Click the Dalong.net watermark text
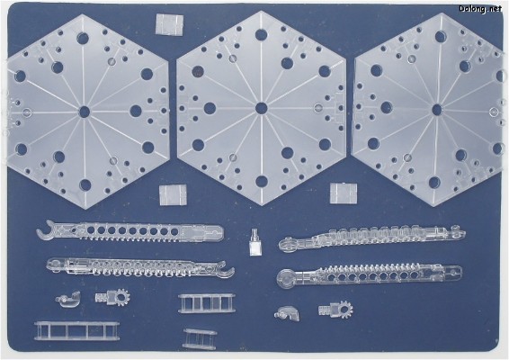click(480, 9)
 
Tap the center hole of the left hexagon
click(85, 112)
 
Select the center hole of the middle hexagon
click(262, 108)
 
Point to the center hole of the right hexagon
click(437, 110)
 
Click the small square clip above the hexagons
click(169, 24)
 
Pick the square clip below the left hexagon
click(173, 195)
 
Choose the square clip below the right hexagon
click(344, 193)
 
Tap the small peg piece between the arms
click(254, 242)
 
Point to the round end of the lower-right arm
click(286, 279)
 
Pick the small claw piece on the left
click(68, 299)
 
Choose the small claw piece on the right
click(287, 313)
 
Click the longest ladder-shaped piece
click(76, 331)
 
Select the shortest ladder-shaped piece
click(200, 338)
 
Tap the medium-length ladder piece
click(207, 304)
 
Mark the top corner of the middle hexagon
click(262, 11)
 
